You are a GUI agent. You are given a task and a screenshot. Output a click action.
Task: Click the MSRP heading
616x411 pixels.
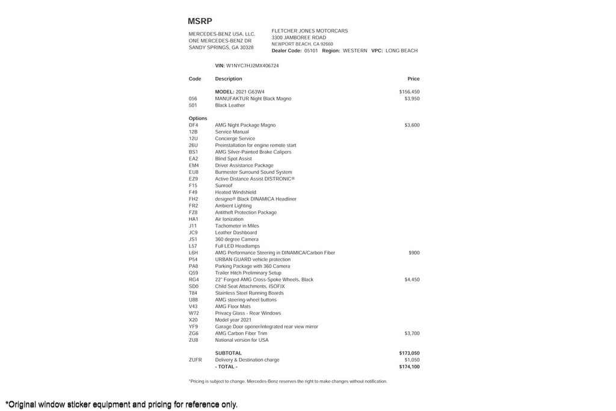(200, 21)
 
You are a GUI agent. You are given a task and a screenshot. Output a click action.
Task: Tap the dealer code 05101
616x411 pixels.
(311, 51)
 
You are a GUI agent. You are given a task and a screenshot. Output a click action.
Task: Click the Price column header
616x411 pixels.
(413, 79)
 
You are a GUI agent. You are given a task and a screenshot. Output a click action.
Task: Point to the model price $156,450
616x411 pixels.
(409, 92)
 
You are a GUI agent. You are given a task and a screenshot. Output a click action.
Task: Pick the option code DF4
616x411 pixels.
(193, 125)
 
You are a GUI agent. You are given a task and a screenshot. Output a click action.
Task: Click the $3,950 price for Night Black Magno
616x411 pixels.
(412, 99)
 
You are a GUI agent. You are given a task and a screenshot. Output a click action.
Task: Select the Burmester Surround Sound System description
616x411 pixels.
(253, 172)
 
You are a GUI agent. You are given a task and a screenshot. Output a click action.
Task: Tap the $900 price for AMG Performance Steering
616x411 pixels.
(414, 253)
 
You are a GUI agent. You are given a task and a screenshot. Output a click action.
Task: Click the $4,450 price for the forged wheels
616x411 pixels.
(412, 280)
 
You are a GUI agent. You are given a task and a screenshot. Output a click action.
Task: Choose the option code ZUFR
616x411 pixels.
(195, 360)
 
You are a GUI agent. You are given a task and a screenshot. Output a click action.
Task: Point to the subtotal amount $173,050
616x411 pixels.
(409, 353)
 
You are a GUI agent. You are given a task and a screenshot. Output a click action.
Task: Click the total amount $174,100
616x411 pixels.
(409, 366)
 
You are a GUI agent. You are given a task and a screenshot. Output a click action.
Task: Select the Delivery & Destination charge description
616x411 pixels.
(247, 360)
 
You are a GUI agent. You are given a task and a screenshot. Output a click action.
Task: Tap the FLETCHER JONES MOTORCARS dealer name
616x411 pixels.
(309, 31)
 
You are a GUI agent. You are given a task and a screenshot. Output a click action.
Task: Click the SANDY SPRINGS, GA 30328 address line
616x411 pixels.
(221, 48)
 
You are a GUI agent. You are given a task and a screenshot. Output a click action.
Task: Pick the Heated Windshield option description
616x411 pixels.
(235, 193)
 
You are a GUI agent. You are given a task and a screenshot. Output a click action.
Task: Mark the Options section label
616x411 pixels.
(198, 119)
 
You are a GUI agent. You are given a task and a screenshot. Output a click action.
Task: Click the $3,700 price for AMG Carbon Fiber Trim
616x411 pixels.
(412, 333)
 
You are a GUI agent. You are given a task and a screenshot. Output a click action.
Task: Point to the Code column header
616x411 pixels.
(195, 79)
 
